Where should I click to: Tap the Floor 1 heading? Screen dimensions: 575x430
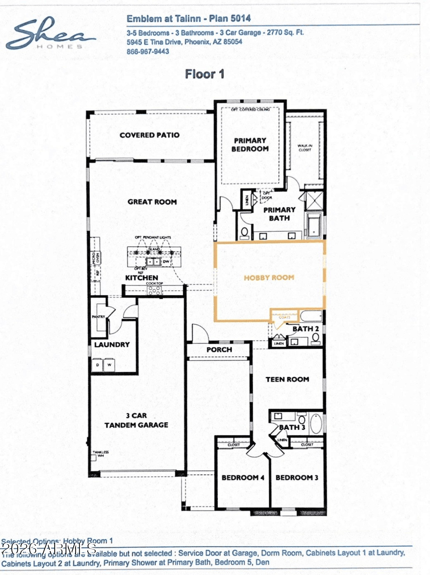point(205,74)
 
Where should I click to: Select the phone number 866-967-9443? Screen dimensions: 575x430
point(148,52)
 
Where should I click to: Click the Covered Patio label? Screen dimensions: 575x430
point(149,135)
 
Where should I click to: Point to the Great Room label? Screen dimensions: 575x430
point(152,202)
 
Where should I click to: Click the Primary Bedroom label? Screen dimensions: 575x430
point(250,144)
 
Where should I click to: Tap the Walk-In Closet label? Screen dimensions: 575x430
point(305,148)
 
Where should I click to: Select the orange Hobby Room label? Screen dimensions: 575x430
point(269,278)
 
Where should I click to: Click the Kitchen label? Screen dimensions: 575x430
point(141,278)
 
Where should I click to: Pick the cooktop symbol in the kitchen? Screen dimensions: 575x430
point(154,290)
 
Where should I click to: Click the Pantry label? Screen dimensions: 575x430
point(98,317)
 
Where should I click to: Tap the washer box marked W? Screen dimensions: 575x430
point(110,365)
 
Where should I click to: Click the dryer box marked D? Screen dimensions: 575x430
point(98,365)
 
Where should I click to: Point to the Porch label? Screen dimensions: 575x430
point(219,350)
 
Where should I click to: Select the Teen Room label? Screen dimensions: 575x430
point(287,379)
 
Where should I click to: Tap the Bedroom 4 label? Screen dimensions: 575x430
point(243,478)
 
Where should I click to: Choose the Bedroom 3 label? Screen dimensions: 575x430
point(297,478)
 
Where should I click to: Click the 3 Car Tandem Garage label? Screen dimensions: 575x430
point(136,420)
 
